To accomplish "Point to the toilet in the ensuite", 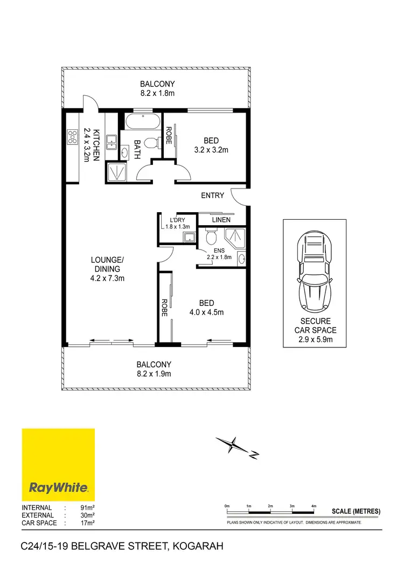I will [x=211, y=236].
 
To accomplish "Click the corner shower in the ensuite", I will [x=234, y=238].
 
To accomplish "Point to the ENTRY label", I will [x=212, y=196].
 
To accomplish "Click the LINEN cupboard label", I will [x=221, y=220].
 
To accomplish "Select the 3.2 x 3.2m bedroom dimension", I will [x=211, y=150].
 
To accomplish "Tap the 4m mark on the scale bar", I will [x=314, y=507].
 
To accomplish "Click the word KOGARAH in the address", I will [x=197, y=547].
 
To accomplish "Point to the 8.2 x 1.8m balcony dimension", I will [x=157, y=93].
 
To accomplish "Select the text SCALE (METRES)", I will [x=356, y=511].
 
